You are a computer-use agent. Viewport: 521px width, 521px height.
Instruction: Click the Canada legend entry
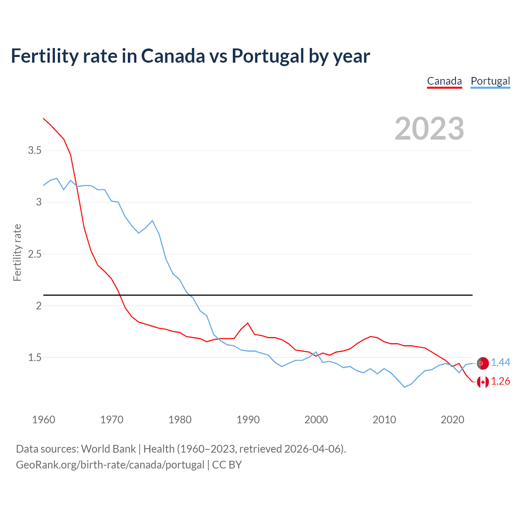[x=444, y=81]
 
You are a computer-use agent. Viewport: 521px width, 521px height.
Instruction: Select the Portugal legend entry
[x=490, y=81]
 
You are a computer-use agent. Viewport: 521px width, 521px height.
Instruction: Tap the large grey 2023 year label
[x=429, y=129]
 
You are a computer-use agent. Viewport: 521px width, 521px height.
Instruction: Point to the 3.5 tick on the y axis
[x=35, y=151]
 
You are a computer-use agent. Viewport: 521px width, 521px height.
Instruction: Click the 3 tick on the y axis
[x=39, y=202]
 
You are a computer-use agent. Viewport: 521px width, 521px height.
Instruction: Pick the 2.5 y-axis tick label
[x=35, y=254]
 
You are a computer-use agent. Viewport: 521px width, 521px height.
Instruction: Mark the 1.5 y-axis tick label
[x=35, y=357]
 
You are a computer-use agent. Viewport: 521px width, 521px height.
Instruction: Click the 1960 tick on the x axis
[x=44, y=420]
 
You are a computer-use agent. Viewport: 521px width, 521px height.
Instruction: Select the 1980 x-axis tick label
[x=180, y=420]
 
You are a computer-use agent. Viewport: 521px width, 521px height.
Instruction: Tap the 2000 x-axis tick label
[x=316, y=420]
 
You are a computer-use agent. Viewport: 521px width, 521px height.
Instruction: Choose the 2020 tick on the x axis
[x=452, y=420]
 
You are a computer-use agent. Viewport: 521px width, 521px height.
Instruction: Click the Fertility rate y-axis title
[x=17, y=252]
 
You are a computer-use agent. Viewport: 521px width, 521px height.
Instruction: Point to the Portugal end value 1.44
[x=500, y=362]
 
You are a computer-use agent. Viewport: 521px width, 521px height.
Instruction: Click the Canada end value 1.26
[x=500, y=381]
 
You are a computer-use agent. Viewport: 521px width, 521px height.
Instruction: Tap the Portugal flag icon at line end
[x=482, y=363]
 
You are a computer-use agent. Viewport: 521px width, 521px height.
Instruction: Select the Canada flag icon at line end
[x=483, y=382]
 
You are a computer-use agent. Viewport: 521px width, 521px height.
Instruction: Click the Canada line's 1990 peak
[x=247, y=323]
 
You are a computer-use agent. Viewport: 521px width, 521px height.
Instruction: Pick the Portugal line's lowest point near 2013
[x=405, y=387]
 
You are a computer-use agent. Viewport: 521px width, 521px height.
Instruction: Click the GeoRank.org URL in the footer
[x=110, y=465]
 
